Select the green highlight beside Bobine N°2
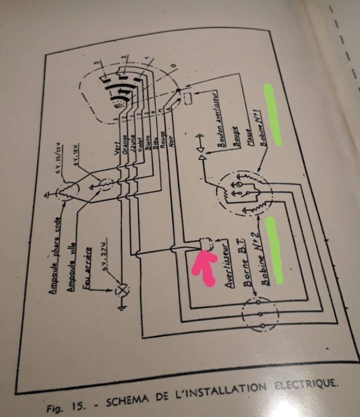[x=274, y=249]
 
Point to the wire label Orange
[x=124, y=147]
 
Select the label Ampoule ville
[x=75, y=261]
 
